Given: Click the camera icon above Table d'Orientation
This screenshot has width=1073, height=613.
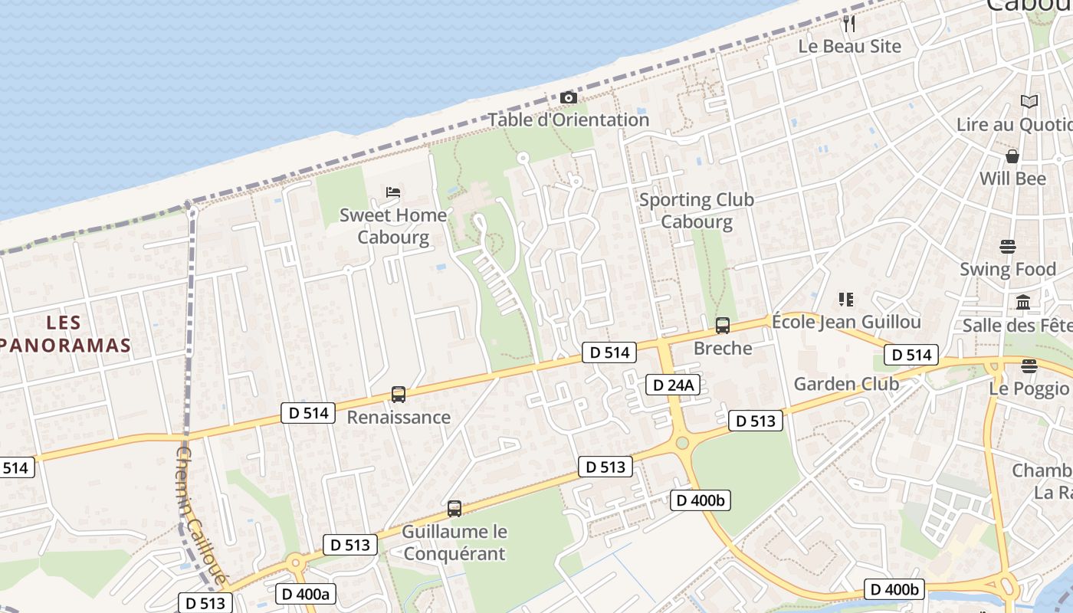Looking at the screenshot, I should pos(568,97).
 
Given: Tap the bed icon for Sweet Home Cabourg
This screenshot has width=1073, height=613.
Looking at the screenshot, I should pos(393,192).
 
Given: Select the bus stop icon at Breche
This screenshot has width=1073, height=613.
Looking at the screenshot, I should pos(722,326).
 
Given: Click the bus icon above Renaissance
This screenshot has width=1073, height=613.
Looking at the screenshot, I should pos(399,395).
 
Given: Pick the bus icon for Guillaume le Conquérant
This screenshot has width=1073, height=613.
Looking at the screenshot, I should pos(454,508).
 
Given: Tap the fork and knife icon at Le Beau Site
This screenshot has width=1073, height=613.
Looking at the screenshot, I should pos(848,24).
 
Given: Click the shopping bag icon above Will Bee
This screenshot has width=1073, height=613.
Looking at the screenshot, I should pos(1012,156).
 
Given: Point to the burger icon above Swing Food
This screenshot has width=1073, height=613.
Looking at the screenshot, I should pos(1008,247).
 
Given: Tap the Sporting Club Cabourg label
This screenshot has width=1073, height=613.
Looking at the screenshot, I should pos(697,211).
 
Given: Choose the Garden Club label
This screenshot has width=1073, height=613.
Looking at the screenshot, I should pos(846,384).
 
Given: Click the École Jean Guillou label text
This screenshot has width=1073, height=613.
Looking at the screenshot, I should pos(846,322).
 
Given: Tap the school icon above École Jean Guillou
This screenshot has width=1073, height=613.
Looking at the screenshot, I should pos(846,299).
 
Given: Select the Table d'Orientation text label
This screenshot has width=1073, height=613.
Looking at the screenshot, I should pos(569,120).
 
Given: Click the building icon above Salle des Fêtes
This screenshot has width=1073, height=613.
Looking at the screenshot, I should pos(1023,302).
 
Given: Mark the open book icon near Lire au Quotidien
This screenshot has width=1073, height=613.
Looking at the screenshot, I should pos(1029,101).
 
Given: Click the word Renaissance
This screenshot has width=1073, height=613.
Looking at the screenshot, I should pos(399,418).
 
